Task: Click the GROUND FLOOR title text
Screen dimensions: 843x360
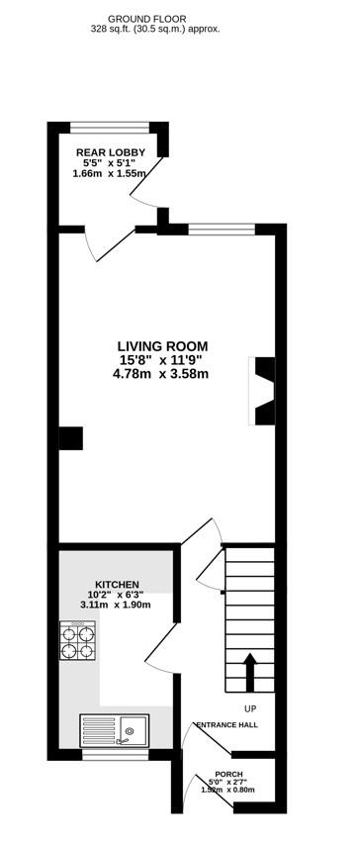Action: point(163,19)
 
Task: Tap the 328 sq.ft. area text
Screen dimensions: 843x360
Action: point(163,30)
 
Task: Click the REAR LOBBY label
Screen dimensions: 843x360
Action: point(111,152)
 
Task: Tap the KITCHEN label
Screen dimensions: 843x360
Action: point(117,585)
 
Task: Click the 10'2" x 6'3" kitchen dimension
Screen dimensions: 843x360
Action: point(117,595)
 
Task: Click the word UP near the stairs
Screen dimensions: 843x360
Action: point(250,708)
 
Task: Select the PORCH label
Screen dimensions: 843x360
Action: point(228,775)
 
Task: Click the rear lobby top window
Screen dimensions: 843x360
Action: point(109,126)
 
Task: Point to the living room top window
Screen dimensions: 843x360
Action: point(222,230)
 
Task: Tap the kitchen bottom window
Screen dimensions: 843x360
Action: point(110,755)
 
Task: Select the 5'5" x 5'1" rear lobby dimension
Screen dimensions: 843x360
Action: point(111,163)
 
